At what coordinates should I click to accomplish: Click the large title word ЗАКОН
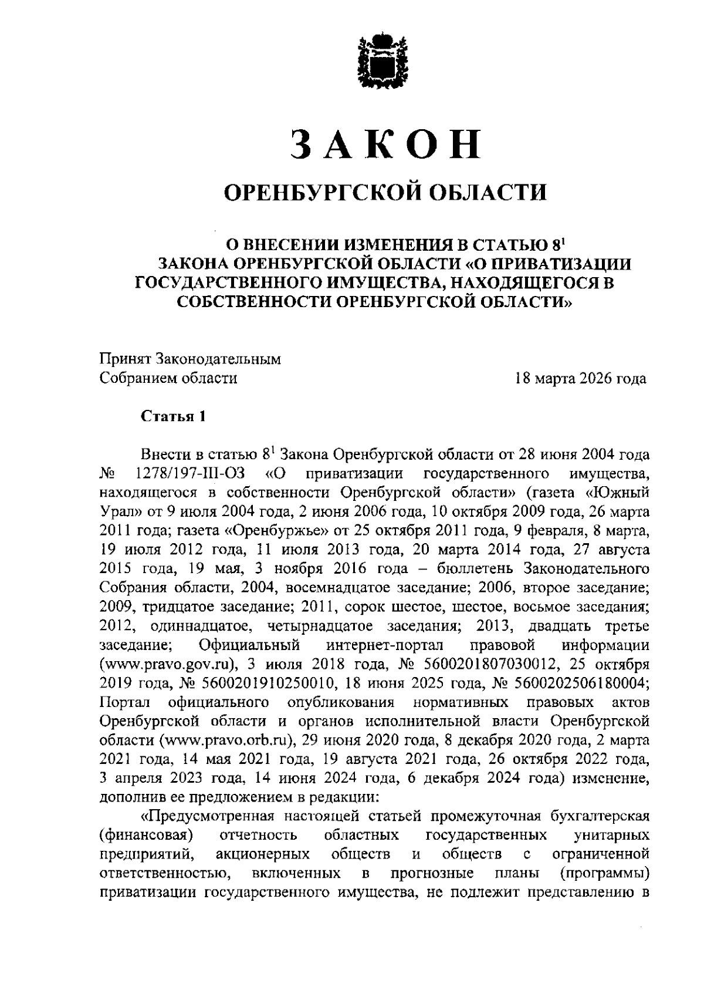[385, 144]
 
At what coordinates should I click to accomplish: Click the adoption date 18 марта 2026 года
[580, 378]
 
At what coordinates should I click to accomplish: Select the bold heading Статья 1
[173, 416]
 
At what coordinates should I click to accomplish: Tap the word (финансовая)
[147, 836]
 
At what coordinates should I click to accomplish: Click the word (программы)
[605, 874]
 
